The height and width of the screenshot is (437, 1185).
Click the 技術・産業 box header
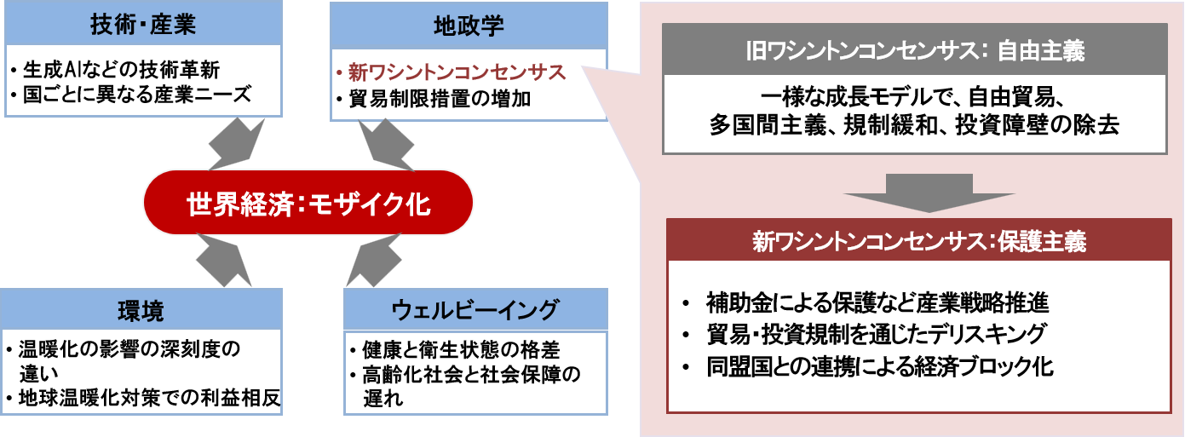pyautogui.click(x=143, y=24)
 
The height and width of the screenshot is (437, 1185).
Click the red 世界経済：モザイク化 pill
pyautogui.click(x=308, y=205)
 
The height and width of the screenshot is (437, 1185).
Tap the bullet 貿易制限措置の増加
pyautogui.click(x=440, y=99)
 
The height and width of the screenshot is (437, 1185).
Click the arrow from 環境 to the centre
pyautogui.click(x=226, y=261)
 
